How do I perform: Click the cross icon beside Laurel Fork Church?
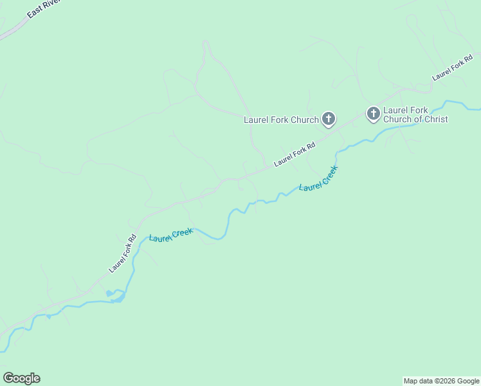328,118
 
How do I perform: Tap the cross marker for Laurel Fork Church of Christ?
373,114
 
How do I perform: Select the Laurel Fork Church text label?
281,120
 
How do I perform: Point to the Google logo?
22,378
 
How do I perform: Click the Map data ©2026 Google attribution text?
442,381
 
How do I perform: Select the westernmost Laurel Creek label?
171,235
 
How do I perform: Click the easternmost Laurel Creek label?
318,179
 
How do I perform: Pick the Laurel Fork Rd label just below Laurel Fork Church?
295,154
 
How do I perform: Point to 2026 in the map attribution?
443,381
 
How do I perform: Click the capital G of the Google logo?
8,378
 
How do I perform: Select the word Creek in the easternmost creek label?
328,174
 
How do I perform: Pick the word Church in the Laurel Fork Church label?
304,120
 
